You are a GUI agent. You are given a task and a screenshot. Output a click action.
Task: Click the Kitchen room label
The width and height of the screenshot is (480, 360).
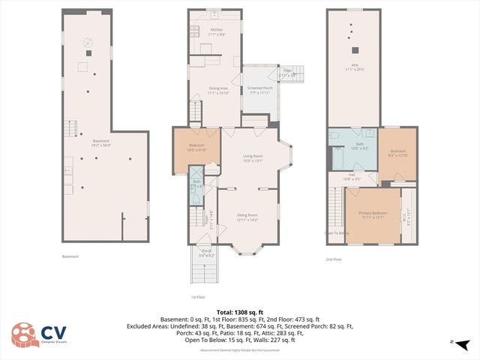(x=216, y=31)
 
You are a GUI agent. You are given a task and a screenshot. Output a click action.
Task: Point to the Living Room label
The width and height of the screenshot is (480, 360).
(x=253, y=158)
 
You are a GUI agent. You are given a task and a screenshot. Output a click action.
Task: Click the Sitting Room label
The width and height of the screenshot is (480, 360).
(x=247, y=218)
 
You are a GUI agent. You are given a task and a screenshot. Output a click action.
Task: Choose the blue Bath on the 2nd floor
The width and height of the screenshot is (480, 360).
(x=359, y=145)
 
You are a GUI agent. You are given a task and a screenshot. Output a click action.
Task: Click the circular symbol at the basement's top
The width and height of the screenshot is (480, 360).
(x=88, y=43)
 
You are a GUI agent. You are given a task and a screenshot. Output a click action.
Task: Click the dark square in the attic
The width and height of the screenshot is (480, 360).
(x=355, y=51)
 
